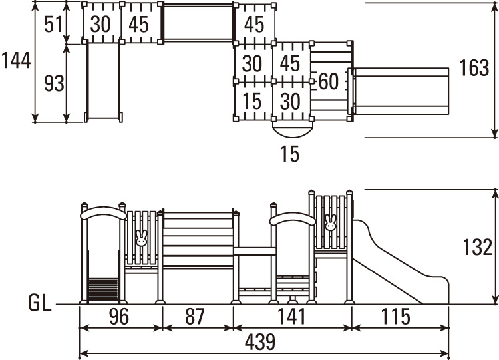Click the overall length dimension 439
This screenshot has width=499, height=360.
(259, 342)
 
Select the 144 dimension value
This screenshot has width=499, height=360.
(16, 60)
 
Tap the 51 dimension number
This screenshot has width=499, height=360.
(53, 25)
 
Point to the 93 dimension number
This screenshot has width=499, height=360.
(54, 83)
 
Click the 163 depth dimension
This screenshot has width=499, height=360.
(474, 68)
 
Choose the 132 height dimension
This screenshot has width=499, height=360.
(477, 247)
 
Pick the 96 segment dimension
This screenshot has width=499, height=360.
(119, 317)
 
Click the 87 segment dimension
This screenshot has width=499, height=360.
(195, 317)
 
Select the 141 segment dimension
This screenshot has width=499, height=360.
(291, 317)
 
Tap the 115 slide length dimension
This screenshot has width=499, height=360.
(395, 317)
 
